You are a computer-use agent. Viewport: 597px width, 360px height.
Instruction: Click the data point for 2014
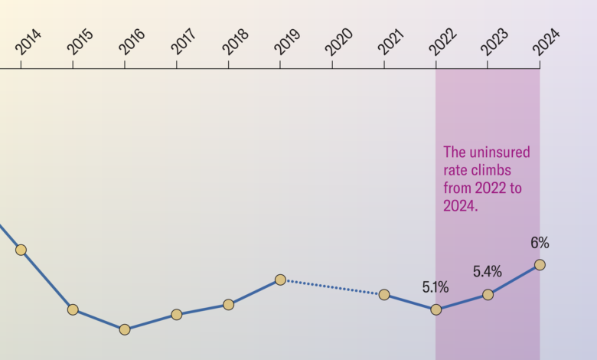click(21, 250)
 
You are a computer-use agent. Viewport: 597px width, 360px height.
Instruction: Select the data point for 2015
click(73, 309)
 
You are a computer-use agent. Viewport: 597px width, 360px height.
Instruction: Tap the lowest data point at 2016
click(125, 329)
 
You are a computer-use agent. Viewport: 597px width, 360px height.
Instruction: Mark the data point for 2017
click(177, 314)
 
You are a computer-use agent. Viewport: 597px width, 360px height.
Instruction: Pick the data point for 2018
click(228, 304)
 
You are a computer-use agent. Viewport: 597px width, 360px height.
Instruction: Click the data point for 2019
click(280, 280)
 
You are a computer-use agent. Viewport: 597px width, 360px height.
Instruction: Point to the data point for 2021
click(384, 294)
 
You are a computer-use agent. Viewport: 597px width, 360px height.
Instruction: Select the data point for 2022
click(436, 309)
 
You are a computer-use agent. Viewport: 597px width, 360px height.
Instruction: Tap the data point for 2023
click(488, 294)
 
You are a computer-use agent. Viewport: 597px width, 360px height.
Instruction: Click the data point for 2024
click(540, 264)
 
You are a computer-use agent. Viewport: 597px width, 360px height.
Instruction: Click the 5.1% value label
click(436, 288)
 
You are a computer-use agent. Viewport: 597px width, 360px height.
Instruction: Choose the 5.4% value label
click(487, 271)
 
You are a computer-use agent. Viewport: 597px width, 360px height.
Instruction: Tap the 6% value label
click(540, 244)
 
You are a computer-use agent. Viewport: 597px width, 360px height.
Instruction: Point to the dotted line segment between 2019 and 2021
click(332, 287)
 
